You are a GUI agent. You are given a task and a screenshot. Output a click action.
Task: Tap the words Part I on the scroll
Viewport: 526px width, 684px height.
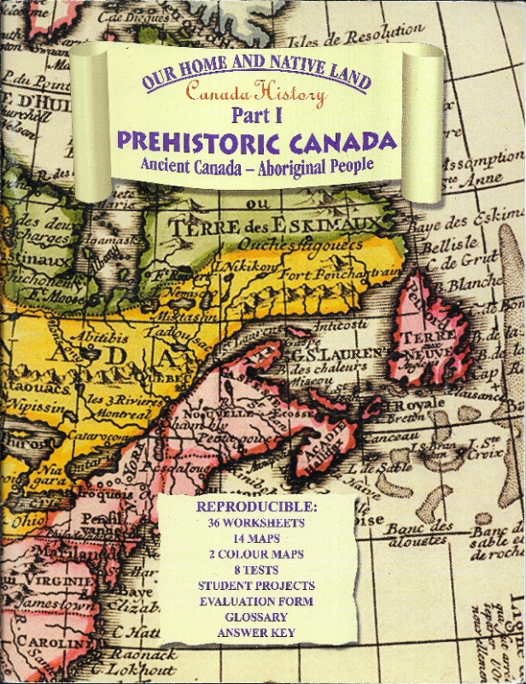click(256, 115)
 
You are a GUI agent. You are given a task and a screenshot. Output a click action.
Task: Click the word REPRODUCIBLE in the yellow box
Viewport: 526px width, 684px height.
click(256, 507)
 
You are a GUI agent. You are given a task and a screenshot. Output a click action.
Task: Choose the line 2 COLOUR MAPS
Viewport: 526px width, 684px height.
click(256, 553)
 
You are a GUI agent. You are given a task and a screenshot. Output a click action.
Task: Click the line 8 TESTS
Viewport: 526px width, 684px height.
click(256, 569)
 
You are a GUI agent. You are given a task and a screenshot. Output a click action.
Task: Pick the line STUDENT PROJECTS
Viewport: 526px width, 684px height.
click(256, 586)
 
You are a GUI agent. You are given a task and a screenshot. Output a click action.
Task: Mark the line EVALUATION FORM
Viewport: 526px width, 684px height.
click(256, 601)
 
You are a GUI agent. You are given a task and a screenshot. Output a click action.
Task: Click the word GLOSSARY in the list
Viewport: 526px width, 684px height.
click(256, 616)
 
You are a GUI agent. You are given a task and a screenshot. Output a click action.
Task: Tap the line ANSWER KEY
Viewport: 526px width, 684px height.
click(256, 633)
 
